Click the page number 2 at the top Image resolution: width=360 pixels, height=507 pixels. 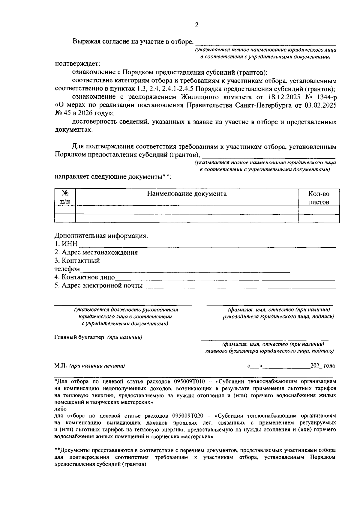[196, 25]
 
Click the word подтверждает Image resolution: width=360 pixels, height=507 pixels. [77, 64]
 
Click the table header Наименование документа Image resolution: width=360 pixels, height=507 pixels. [187, 194]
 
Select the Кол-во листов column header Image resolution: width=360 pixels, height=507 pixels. [319, 198]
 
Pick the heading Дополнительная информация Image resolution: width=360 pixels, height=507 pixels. [101, 236]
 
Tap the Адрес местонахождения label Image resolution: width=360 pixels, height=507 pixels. [96, 252]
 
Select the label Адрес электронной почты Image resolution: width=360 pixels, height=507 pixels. [98, 285]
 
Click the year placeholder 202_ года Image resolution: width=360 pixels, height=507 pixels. [322, 366]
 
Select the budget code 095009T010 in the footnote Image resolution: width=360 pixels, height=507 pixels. [189, 382]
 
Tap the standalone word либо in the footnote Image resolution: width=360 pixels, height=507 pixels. [60, 409]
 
